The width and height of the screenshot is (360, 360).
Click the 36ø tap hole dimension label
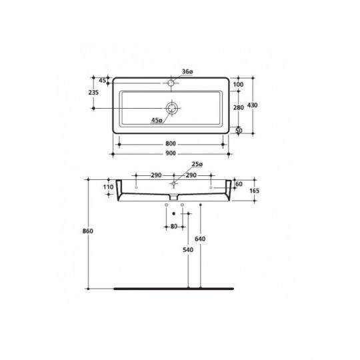click(187, 71)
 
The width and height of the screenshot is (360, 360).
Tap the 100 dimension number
click(239, 85)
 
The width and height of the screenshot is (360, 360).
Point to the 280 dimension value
click(239, 107)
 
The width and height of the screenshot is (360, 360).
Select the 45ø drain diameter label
click(156, 121)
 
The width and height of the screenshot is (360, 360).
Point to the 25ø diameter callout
click(197, 163)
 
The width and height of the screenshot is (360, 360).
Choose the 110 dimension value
click(108, 188)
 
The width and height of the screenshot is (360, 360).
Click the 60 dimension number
click(239, 183)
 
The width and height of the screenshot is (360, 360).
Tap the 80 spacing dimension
click(174, 226)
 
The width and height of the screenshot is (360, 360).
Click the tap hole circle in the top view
click(171, 83)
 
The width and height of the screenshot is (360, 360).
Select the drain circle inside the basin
click(173, 108)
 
